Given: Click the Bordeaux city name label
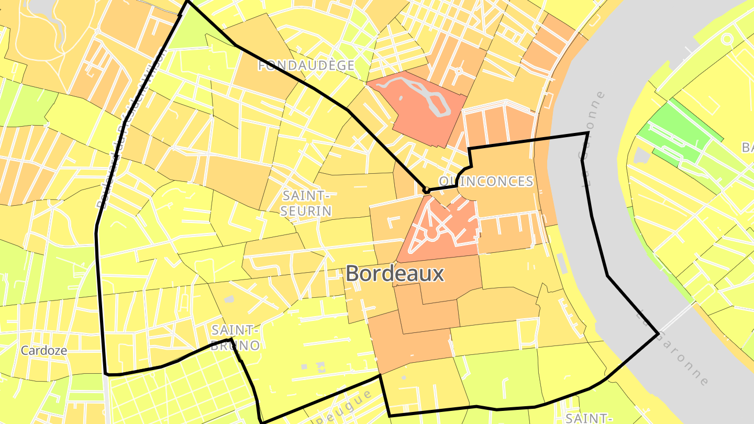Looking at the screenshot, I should coord(395,273).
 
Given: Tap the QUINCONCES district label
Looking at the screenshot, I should coord(486,182).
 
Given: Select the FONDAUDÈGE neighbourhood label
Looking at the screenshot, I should coord(307,65).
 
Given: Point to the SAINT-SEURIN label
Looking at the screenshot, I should coord(307,203).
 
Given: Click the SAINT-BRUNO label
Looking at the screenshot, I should coord(236,338).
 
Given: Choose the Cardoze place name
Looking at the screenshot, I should coord(44,351).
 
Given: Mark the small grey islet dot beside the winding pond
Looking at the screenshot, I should coord(401,97).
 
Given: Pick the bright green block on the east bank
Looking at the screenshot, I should coord(675,131).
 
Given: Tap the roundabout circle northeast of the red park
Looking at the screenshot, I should coord(459,71).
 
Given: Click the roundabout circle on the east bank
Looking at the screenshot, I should coord(727,38).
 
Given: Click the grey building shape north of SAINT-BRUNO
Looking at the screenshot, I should coord(228,299).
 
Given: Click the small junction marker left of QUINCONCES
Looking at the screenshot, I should coord(427,189).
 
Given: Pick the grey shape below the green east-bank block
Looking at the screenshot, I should coord(641,155).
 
